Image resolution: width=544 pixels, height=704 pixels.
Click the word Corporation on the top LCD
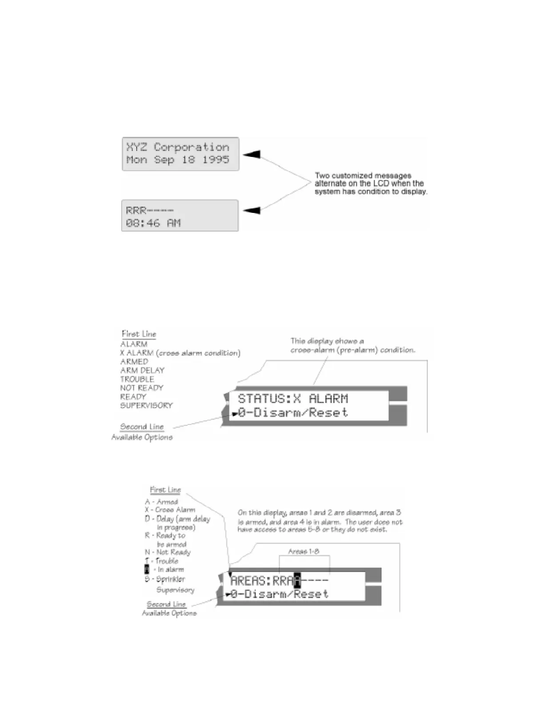tap(192, 147)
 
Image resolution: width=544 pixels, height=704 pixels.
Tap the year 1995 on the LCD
tap(216, 160)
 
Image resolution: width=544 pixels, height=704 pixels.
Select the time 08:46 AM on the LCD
tap(153, 223)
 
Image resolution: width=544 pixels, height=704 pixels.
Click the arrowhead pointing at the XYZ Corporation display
tap(252, 154)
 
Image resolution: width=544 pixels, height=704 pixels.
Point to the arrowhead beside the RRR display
tap(252, 210)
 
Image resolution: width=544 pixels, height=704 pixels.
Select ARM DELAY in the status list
tap(142, 370)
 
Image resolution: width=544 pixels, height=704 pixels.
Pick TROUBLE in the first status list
tap(137, 379)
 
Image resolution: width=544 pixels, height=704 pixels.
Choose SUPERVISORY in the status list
tap(146, 405)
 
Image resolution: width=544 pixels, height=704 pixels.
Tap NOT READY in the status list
tap(142, 388)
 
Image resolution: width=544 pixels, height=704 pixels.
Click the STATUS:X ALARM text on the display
tap(293, 399)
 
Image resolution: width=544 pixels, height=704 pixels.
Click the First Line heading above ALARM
tap(139, 334)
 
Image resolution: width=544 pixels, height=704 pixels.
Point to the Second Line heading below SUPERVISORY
tap(142, 427)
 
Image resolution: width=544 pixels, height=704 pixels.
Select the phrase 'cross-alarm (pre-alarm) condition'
tap(353, 350)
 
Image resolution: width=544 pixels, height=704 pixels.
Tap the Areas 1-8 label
tap(304, 552)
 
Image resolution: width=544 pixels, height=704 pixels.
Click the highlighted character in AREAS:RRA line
tap(297, 580)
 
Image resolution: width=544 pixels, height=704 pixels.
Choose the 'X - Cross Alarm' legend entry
tap(170, 510)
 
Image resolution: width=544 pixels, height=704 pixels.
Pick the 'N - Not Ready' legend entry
tap(168, 552)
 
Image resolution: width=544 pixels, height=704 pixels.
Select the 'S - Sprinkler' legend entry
tap(165, 579)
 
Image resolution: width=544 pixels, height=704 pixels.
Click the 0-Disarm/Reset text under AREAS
tap(279, 594)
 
